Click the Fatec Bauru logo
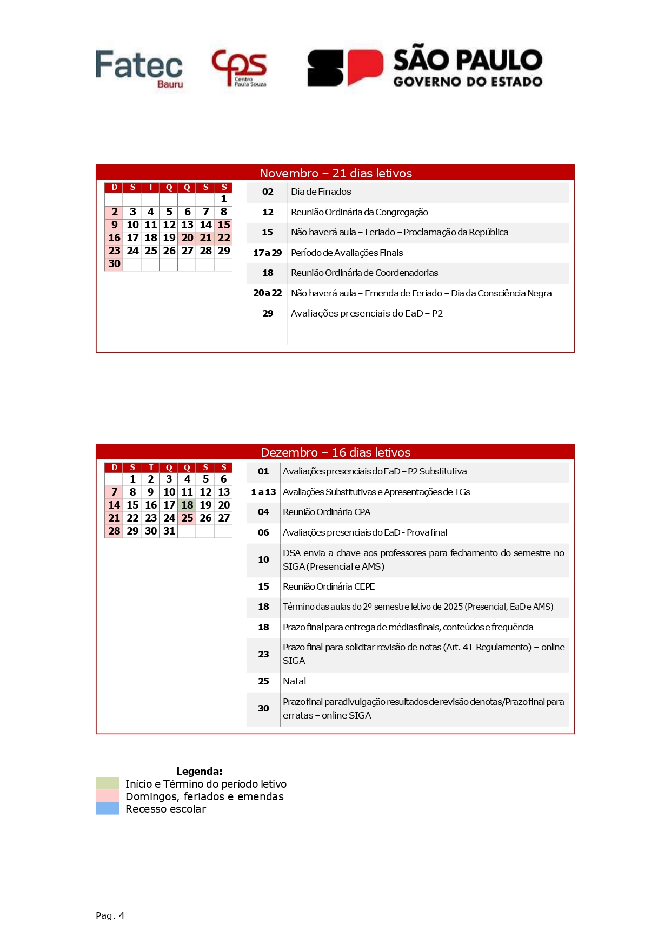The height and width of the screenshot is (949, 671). [139, 68]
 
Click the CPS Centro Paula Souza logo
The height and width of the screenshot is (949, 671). [239, 68]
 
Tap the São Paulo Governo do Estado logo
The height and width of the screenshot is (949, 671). [425, 68]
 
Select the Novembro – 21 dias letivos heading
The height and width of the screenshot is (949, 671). [335, 173]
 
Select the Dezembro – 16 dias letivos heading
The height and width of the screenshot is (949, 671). [335, 452]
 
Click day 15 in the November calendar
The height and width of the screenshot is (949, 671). [224, 225]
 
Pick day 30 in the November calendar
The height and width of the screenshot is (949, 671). [114, 263]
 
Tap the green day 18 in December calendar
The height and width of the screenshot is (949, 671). [187, 505]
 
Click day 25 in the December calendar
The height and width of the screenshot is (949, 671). [187, 518]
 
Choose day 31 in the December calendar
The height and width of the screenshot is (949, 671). [169, 531]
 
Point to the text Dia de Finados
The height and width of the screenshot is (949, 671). [321, 192]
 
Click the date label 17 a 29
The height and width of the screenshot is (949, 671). [267, 253]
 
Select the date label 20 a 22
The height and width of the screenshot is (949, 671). [267, 293]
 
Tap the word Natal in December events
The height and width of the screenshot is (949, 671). [294, 681]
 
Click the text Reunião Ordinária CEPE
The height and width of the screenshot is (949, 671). [329, 586]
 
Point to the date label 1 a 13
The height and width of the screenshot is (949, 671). [263, 492]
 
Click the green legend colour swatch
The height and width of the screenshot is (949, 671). [108, 783]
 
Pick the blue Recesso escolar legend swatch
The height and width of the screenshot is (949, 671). [108, 808]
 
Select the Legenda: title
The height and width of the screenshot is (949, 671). [199, 771]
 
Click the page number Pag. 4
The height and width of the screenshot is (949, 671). [110, 915]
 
